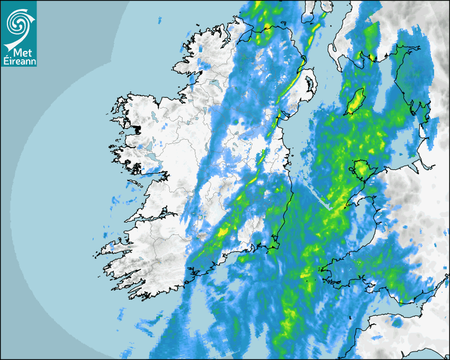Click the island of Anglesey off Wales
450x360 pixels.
(362, 169)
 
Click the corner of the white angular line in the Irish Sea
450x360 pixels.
(330, 209)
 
